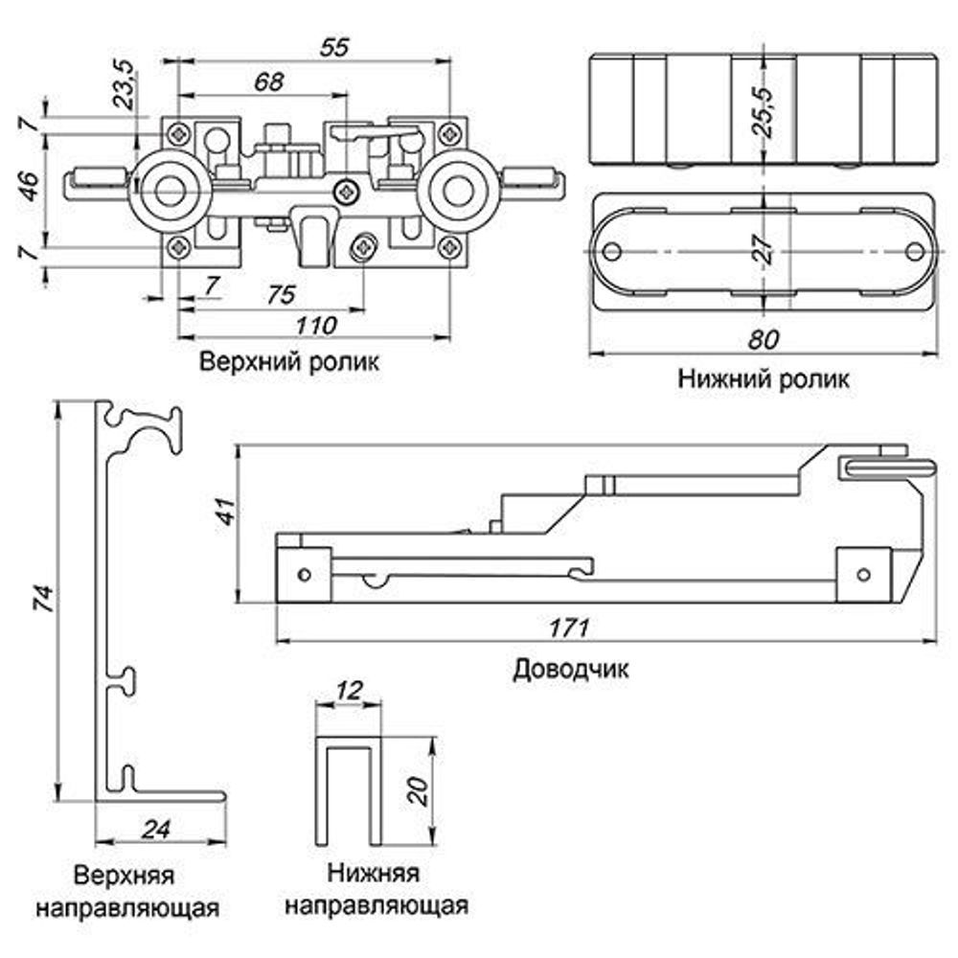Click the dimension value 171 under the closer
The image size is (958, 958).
[x=569, y=628]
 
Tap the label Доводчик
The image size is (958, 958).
[x=571, y=668]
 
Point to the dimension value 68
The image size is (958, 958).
[x=269, y=82]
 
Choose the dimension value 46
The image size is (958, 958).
[x=29, y=184]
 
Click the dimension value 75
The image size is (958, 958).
[x=279, y=295]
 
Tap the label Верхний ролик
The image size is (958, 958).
[x=289, y=363]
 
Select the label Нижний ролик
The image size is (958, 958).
[x=763, y=379]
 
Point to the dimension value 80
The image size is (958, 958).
[x=763, y=339]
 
